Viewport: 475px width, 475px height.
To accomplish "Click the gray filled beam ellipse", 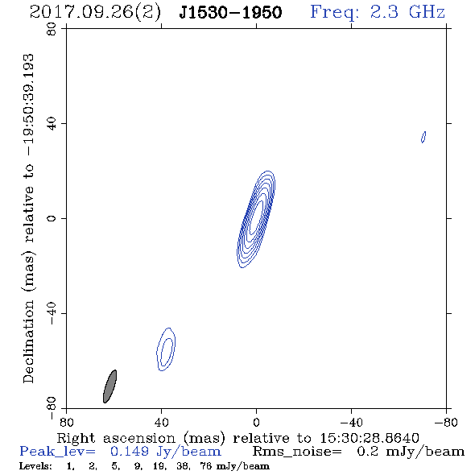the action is coord(109,386).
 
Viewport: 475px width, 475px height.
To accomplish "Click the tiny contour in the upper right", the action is coord(423,137).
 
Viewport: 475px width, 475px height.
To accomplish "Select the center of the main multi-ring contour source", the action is coord(256,219).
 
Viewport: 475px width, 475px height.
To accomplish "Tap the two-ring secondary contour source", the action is coord(166,349).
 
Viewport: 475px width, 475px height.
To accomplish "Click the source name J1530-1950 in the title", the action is coord(230,12).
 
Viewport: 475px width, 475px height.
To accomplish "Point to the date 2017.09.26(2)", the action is coord(95,12).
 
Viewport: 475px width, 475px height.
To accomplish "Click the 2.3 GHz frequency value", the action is coord(407,12).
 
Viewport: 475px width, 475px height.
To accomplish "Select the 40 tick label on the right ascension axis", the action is coord(161,422).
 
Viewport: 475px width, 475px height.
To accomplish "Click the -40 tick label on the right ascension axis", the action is coord(351,422).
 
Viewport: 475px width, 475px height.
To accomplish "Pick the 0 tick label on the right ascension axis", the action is coord(256,422).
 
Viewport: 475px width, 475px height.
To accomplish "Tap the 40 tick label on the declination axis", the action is coord(52,124).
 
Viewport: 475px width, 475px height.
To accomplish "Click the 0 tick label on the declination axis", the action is coord(52,218).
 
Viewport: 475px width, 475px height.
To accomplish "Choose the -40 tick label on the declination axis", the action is coord(52,313).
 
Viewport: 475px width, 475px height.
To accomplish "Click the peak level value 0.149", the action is coord(130,452).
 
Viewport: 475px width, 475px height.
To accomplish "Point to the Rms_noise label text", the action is coord(297,452).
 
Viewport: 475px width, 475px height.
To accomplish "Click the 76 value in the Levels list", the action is coord(205,466).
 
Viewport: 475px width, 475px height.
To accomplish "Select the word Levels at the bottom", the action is coord(35,466).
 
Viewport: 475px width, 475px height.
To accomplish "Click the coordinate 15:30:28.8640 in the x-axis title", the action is coord(370,438).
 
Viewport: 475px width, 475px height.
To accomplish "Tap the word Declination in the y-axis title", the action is coord(28,341).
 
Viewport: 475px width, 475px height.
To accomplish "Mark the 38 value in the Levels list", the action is coord(183,466).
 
